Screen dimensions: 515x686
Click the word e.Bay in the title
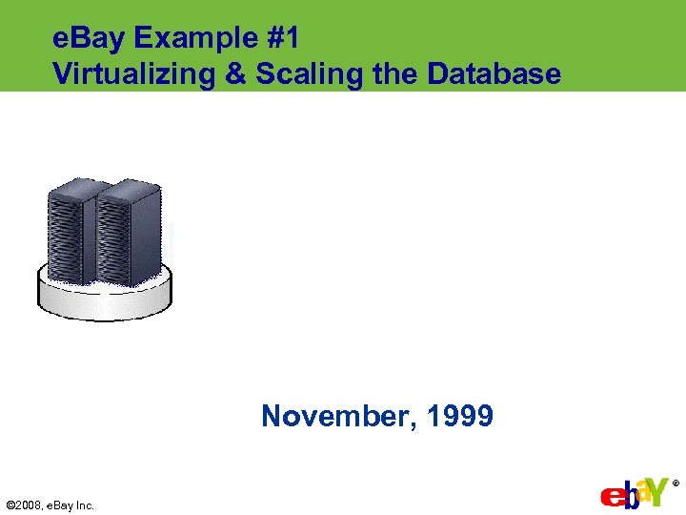[91, 39]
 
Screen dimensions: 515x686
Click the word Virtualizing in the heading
[134, 73]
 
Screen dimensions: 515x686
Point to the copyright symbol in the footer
[10, 505]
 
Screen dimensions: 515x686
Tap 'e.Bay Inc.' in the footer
[71, 505]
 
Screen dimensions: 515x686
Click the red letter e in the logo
[611, 498]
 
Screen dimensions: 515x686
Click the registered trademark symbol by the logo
[676, 484]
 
